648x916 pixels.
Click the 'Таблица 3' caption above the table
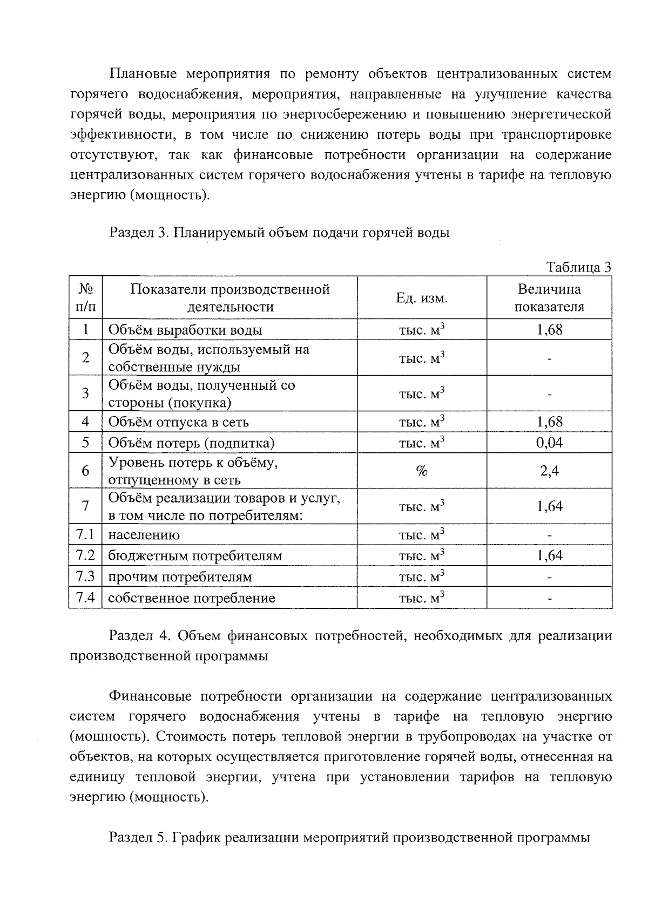579,267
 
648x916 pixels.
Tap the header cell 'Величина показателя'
549,298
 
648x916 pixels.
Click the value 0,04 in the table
549,443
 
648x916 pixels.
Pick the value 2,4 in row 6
549,471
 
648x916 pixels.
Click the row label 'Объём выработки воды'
185,330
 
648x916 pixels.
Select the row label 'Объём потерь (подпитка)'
192,443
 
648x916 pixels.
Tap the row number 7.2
85,555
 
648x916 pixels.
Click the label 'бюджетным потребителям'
195,556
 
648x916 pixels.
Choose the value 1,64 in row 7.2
549,555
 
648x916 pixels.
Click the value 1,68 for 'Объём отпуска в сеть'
549,422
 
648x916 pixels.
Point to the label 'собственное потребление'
192,598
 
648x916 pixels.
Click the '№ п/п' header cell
85,298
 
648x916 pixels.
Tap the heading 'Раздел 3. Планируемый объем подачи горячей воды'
279,233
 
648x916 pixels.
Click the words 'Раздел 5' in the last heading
139,838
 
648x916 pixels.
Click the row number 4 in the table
85,422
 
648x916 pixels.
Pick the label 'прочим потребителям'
180,577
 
